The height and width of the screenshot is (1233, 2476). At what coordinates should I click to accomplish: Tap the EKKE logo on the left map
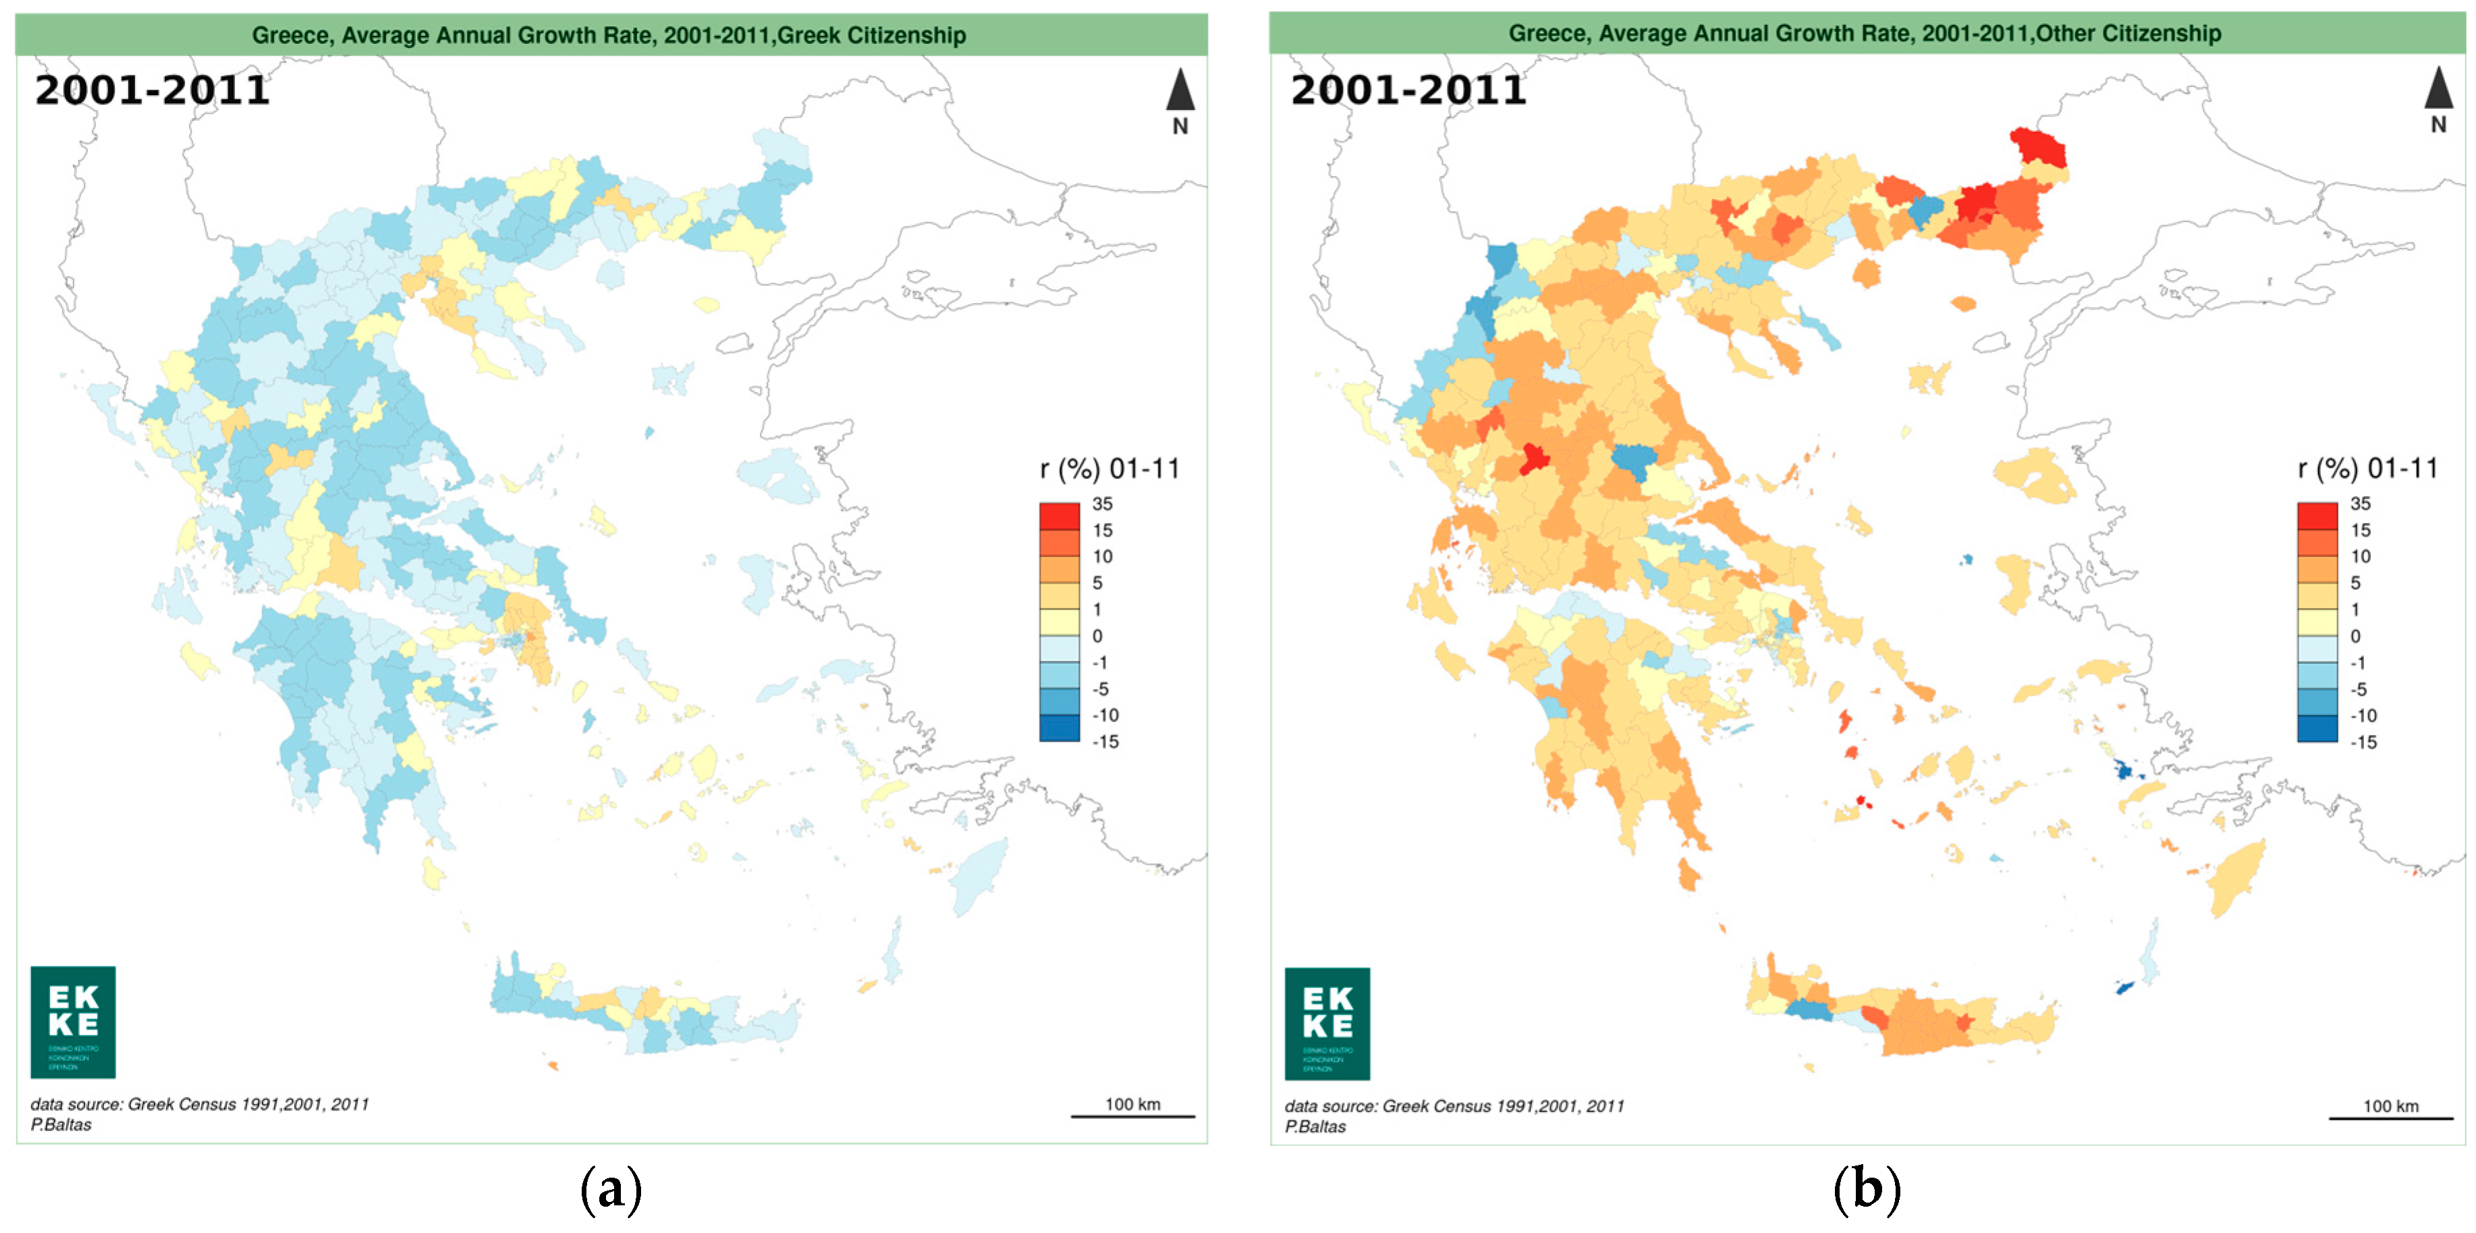73,1022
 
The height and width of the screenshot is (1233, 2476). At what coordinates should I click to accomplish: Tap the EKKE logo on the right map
1327,1024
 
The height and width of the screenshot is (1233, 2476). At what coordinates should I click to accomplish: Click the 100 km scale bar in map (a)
1132,1115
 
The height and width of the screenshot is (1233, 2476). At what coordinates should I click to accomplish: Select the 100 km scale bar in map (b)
2390,1117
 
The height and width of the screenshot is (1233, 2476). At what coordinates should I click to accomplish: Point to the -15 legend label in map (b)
2363,742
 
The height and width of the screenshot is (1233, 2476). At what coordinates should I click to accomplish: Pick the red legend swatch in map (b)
2317,516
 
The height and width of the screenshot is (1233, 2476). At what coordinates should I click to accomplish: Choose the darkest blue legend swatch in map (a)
1060,728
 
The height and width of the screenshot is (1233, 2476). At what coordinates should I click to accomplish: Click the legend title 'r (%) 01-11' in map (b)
2367,469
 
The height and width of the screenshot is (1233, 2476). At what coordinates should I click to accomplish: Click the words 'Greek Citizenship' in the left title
871,36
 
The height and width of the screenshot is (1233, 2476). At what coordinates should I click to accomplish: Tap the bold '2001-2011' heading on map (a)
152,90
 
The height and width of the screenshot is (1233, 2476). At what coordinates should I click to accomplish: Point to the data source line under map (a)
200,1104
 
